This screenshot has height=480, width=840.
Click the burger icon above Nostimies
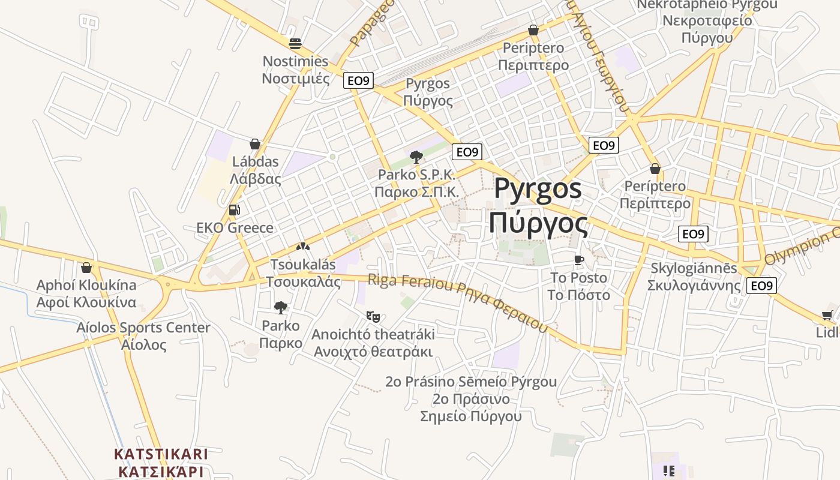pyautogui.click(x=295, y=44)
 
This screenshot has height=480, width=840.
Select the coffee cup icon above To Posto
pyautogui.click(x=578, y=260)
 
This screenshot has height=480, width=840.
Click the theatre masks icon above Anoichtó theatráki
pyautogui.click(x=373, y=316)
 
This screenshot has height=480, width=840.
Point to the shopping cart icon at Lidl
pyautogui.click(x=827, y=316)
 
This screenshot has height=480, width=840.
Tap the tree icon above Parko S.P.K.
pyautogui.click(x=416, y=157)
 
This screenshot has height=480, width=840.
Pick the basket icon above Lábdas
pyautogui.click(x=255, y=144)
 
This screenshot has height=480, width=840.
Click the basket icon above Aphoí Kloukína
pyautogui.click(x=86, y=268)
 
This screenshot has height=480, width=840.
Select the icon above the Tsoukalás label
pyautogui.click(x=303, y=247)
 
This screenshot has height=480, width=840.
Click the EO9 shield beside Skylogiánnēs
pyautogui.click(x=761, y=286)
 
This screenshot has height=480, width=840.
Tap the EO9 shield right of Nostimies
pyautogui.click(x=358, y=80)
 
